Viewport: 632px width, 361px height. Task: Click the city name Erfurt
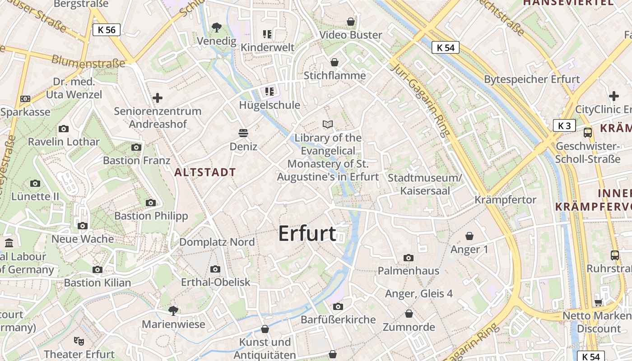[307, 233]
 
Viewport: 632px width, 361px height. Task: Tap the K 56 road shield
[107, 30]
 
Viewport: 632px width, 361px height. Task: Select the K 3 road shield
[564, 125]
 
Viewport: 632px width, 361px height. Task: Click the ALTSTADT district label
[205, 172]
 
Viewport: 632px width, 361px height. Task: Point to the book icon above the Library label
[328, 124]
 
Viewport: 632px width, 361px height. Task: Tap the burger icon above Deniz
[243, 133]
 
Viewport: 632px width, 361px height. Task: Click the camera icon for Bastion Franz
[136, 147]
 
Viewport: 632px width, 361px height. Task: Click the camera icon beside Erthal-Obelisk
[215, 269]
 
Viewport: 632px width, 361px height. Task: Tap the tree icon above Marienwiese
[173, 310]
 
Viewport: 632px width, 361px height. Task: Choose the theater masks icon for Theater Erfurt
[79, 341]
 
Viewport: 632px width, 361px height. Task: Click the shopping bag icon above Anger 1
[469, 236]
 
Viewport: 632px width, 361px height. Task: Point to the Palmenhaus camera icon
[409, 258]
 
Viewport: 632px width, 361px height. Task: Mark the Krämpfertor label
[505, 199]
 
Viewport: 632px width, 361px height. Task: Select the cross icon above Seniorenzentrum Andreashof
[158, 97]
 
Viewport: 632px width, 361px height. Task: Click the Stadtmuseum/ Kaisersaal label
[425, 185]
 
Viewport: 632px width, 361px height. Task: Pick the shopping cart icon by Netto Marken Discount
[599, 302]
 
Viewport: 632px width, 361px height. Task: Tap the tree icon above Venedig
[217, 27]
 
